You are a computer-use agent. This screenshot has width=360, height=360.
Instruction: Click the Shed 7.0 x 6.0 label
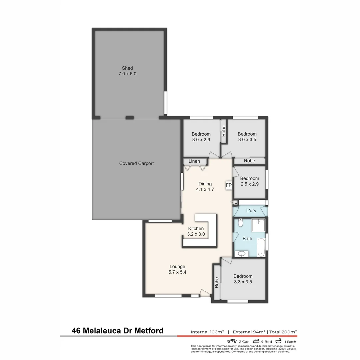click(127, 71)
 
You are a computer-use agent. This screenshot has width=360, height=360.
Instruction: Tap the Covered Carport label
click(136, 163)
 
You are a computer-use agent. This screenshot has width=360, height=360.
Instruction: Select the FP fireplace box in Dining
click(229, 185)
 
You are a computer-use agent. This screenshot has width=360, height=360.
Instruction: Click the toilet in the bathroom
click(240, 222)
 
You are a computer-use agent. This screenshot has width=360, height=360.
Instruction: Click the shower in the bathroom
click(258, 226)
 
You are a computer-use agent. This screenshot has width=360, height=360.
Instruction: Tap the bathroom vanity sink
click(242, 254)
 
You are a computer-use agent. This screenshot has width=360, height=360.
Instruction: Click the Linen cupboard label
click(194, 161)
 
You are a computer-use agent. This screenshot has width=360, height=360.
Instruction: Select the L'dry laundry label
click(251, 211)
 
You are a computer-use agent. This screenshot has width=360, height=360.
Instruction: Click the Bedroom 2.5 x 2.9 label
click(249, 181)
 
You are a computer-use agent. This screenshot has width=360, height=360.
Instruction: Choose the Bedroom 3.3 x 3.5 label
click(243, 279)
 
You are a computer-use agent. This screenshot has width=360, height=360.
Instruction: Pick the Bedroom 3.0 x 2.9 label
click(201, 137)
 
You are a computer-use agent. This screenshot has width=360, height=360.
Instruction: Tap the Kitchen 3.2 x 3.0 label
click(196, 231)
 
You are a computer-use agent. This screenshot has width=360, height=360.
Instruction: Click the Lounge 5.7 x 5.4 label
click(177, 269)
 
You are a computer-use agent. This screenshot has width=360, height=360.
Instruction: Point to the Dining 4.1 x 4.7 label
click(205, 186)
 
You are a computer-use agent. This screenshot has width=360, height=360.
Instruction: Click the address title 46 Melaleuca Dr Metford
click(118, 331)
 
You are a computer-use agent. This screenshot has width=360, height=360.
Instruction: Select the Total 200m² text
click(283, 332)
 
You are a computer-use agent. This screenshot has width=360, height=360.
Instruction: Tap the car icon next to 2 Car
click(232, 341)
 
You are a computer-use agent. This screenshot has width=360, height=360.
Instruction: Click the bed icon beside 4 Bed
click(257, 341)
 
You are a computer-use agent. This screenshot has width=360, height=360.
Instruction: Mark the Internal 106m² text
click(207, 332)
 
